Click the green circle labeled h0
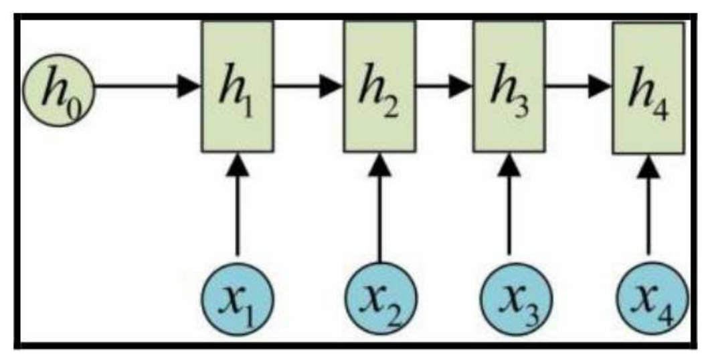[x=59, y=87]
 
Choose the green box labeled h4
[x=648, y=87]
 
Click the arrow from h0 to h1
[x=147, y=86]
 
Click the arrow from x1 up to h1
[x=236, y=207]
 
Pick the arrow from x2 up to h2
[x=379, y=207]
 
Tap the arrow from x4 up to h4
[x=648, y=207]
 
